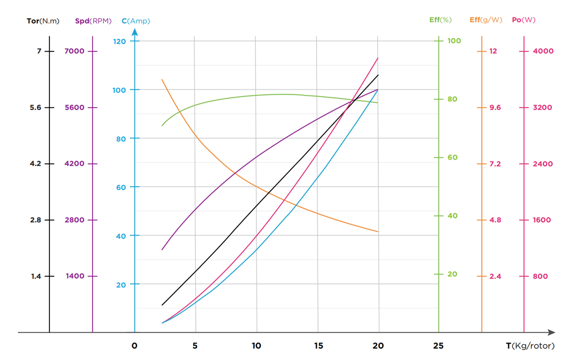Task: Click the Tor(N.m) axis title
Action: [43, 21]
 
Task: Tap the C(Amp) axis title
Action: [136, 21]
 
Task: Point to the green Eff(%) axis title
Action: [440, 20]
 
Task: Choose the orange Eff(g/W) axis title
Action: [486, 20]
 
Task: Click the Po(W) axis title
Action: [524, 20]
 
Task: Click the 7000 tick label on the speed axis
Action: [75, 51]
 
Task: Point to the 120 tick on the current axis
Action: [119, 41]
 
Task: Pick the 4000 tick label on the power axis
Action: [543, 51]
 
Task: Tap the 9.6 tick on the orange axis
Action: [494, 107]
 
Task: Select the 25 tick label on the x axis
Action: [438, 346]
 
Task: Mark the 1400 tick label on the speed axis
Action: [75, 276]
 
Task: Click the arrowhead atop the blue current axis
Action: [135, 32]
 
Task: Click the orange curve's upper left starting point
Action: [162, 80]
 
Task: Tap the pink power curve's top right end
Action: [378, 58]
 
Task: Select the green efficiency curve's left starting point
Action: [162, 125]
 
